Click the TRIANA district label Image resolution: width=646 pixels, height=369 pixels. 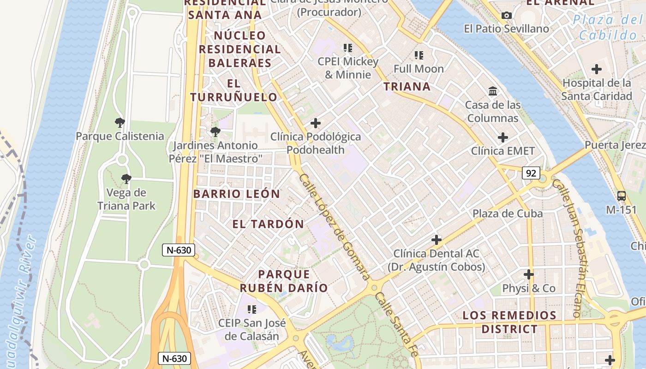(407, 86)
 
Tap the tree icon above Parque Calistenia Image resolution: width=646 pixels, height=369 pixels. (120, 123)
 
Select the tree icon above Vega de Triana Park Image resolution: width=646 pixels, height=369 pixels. (126, 179)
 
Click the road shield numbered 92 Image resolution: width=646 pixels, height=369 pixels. (531, 173)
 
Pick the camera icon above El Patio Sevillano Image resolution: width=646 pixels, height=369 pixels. (507, 16)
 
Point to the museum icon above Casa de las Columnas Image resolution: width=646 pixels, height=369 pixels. (493, 91)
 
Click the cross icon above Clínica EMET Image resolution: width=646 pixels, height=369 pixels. (502, 137)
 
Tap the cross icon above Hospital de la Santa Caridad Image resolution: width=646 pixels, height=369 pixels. (597, 70)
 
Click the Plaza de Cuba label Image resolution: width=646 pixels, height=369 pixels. (507, 214)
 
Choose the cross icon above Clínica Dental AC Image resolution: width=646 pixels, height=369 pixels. (436, 240)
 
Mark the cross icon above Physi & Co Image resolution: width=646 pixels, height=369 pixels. (529, 275)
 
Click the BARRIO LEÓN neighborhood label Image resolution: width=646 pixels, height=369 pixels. (236, 194)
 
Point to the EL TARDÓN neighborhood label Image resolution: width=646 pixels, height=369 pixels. (268, 224)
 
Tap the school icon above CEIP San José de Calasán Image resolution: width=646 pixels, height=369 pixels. (251, 309)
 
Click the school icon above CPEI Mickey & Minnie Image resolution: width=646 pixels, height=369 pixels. (348, 48)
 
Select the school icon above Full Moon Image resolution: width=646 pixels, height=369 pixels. (419, 56)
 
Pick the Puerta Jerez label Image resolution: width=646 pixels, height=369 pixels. (615, 145)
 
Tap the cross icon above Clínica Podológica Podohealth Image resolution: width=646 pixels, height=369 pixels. (316, 123)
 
